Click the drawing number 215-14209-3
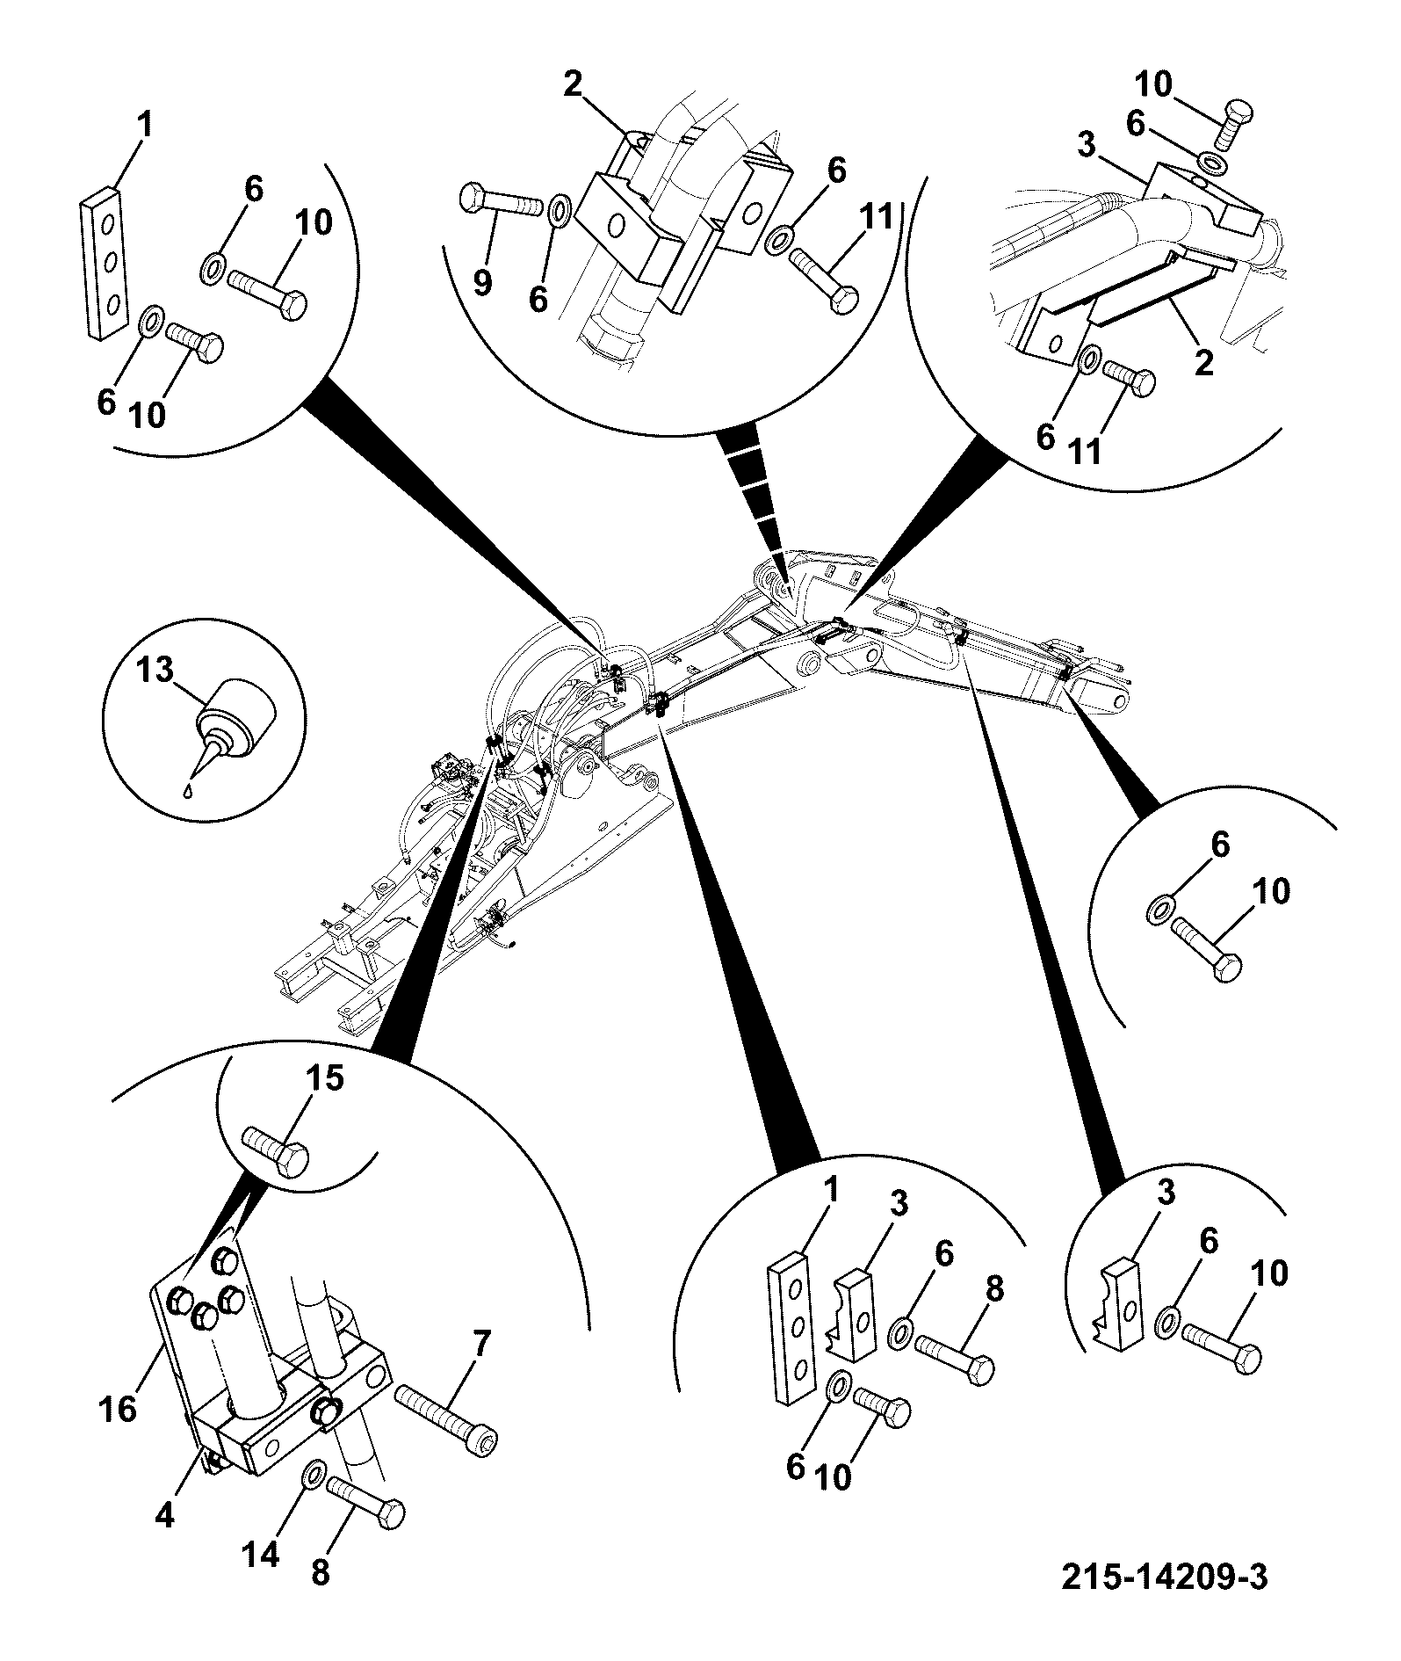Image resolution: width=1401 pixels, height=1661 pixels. pos(1165,1577)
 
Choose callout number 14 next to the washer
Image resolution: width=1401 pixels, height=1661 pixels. pos(261,1555)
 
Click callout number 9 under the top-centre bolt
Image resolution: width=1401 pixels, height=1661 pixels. pos(482,282)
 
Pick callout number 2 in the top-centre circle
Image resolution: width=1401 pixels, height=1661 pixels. pos(573,84)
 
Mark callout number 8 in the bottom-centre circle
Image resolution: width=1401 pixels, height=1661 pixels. pos(993,1290)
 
